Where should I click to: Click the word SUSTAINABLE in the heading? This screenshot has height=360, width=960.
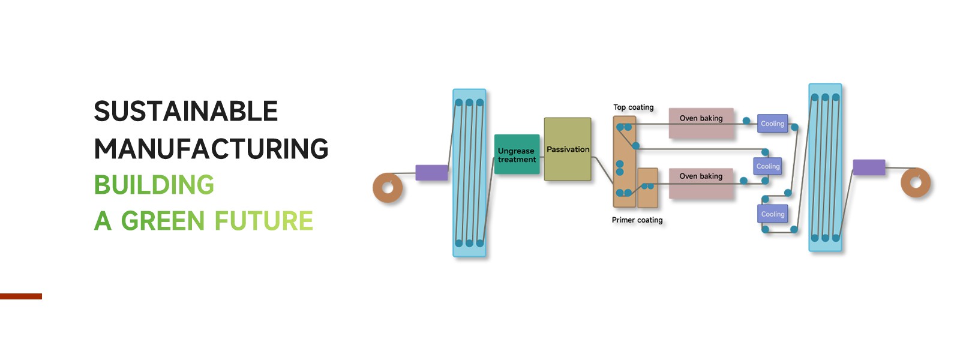click(x=186, y=112)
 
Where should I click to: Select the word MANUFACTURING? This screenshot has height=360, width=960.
click(x=211, y=149)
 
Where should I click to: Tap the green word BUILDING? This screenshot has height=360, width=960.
click(x=154, y=185)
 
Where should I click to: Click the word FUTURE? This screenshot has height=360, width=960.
click(x=264, y=221)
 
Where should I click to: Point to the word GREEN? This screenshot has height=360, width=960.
click(x=163, y=221)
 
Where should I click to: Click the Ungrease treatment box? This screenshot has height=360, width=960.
click(x=517, y=155)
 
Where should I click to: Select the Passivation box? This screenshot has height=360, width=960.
click(x=568, y=149)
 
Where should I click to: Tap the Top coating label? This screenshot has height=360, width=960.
click(x=634, y=107)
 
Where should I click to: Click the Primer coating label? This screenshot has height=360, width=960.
click(x=637, y=220)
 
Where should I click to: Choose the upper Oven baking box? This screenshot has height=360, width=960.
click(x=701, y=124)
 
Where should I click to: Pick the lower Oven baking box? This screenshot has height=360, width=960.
click(x=701, y=183)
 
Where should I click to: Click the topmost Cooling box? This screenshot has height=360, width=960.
click(x=772, y=124)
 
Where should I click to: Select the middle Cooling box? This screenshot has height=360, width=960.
click(x=768, y=166)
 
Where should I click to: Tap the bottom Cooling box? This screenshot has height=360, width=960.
click(x=773, y=214)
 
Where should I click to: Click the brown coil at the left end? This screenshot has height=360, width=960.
click(x=388, y=188)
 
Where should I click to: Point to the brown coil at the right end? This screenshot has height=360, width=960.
click(x=916, y=182)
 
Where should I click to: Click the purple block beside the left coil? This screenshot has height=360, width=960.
click(x=432, y=173)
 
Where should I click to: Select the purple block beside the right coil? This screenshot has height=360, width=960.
click(x=869, y=167)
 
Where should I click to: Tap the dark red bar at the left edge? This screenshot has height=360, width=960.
click(x=21, y=296)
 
